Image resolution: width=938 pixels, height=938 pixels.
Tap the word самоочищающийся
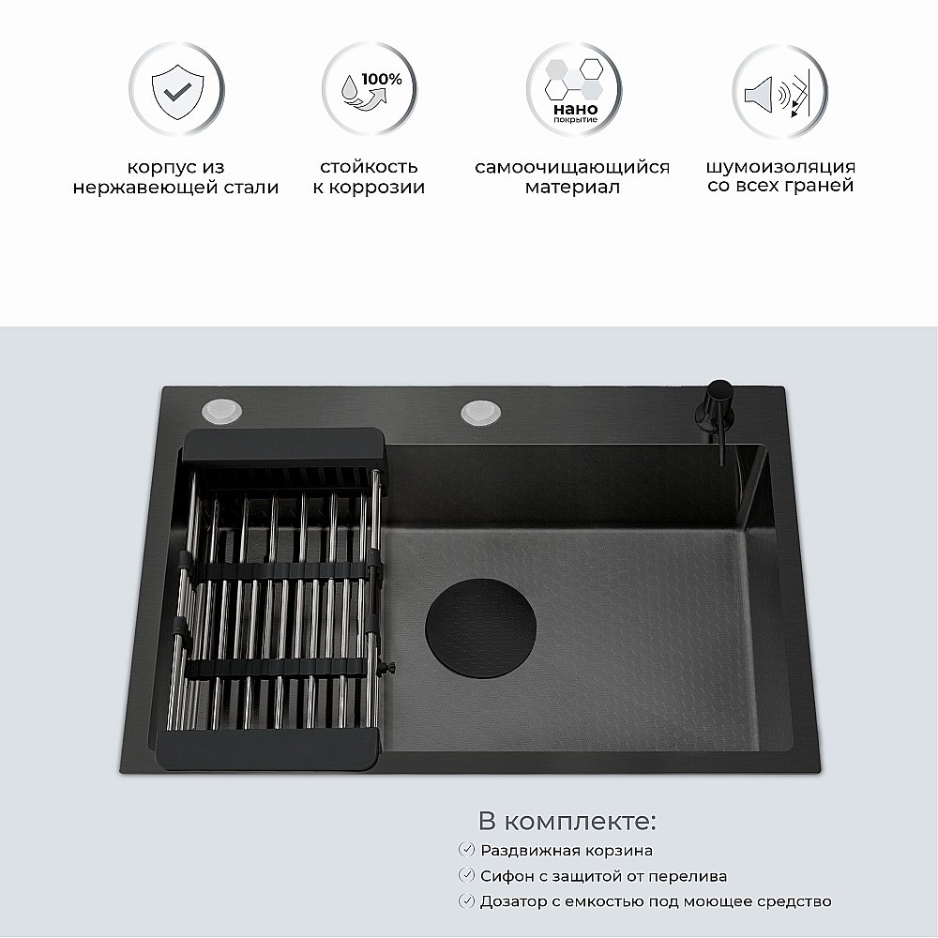point(572,167)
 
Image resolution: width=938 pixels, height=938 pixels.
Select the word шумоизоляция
point(780,167)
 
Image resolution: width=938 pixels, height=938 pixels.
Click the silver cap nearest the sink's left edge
point(221,410)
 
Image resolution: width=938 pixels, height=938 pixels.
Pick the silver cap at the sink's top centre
point(481,411)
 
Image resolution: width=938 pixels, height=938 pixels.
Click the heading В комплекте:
point(567,823)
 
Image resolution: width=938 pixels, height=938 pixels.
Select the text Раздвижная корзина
point(567,851)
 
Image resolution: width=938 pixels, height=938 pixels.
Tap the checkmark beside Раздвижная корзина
point(465,850)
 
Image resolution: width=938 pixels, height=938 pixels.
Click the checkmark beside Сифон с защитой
point(465,875)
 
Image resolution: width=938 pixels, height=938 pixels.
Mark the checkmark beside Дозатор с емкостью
point(465,900)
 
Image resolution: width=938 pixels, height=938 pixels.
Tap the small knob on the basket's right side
point(391,667)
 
